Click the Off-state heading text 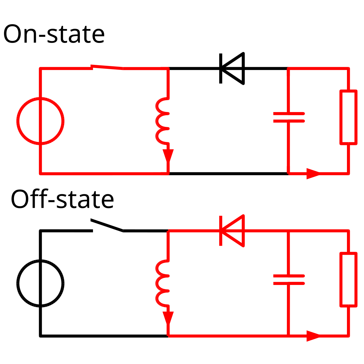tap(62, 199)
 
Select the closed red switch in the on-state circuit tap(107, 67)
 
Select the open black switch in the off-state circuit tap(107, 225)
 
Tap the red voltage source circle tap(18, 121)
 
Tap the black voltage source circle tap(18, 284)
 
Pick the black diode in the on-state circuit tap(232, 68)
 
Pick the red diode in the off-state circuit tap(232, 231)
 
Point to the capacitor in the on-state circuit tap(289, 117)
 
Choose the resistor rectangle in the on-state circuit tap(341, 117)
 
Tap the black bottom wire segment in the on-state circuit tap(228, 174)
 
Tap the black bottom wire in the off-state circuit tap(104, 336)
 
